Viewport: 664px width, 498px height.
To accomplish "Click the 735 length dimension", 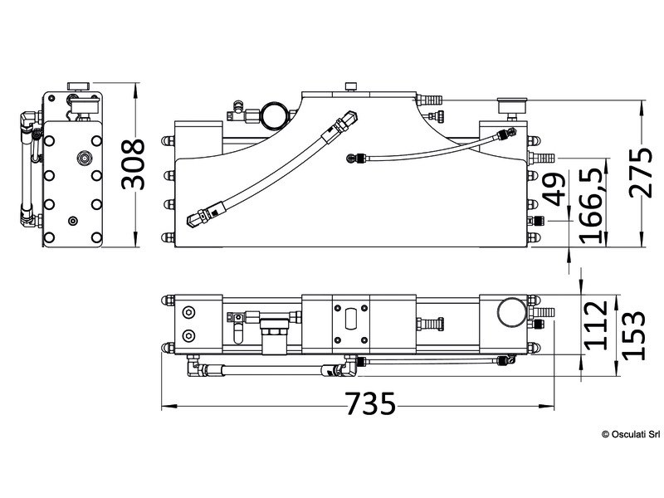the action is pyautogui.click(x=370, y=403).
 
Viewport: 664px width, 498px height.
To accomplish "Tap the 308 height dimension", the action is pyautogui.click(x=133, y=164).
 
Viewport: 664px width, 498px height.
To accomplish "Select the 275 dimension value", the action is pyautogui.click(x=640, y=172).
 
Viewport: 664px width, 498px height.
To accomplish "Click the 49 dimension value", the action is pyautogui.click(x=554, y=189).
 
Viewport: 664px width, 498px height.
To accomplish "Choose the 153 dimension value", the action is pyautogui.click(x=633, y=336).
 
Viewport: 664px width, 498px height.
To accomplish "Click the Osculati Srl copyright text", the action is pyautogui.click(x=631, y=434).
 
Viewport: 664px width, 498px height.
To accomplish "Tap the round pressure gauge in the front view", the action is pyautogui.click(x=274, y=115).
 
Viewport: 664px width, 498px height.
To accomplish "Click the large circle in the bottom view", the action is pyautogui.click(x=512, y=312).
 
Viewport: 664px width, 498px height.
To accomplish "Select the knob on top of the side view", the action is pyautogui.click(x=78, y=86).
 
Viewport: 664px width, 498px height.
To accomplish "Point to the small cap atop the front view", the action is pyautogui.click(x=350, y=86).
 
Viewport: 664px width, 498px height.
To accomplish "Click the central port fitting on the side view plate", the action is pyautogui.click(x=85, y=159).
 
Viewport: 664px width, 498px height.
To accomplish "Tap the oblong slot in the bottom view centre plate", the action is pyautogui.click(x=351, y=319).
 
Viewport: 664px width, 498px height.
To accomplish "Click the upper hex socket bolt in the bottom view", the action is pyautogui.click(x=188, y=313).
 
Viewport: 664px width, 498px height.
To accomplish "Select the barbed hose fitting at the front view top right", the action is pyautogui.click(x=430, y=100).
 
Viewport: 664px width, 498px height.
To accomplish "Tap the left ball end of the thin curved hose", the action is pyautogui.click(x=351, y=159).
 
